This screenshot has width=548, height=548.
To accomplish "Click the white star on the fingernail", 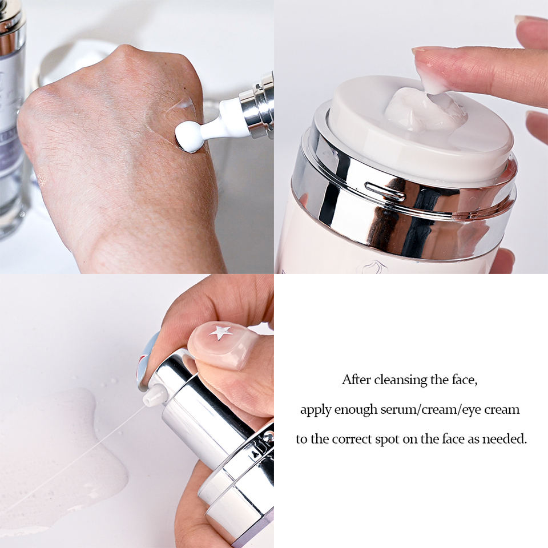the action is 220,332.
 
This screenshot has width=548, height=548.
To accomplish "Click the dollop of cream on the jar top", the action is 425,110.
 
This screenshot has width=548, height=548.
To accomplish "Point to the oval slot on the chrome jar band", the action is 385,192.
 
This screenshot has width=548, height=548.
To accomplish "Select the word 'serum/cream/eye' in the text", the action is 432,409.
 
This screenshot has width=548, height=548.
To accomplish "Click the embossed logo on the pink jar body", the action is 374,267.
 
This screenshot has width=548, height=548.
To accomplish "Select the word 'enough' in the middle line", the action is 356,410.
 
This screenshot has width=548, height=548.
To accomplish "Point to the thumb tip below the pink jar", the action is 502,261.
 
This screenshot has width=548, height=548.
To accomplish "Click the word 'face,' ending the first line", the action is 464,380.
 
